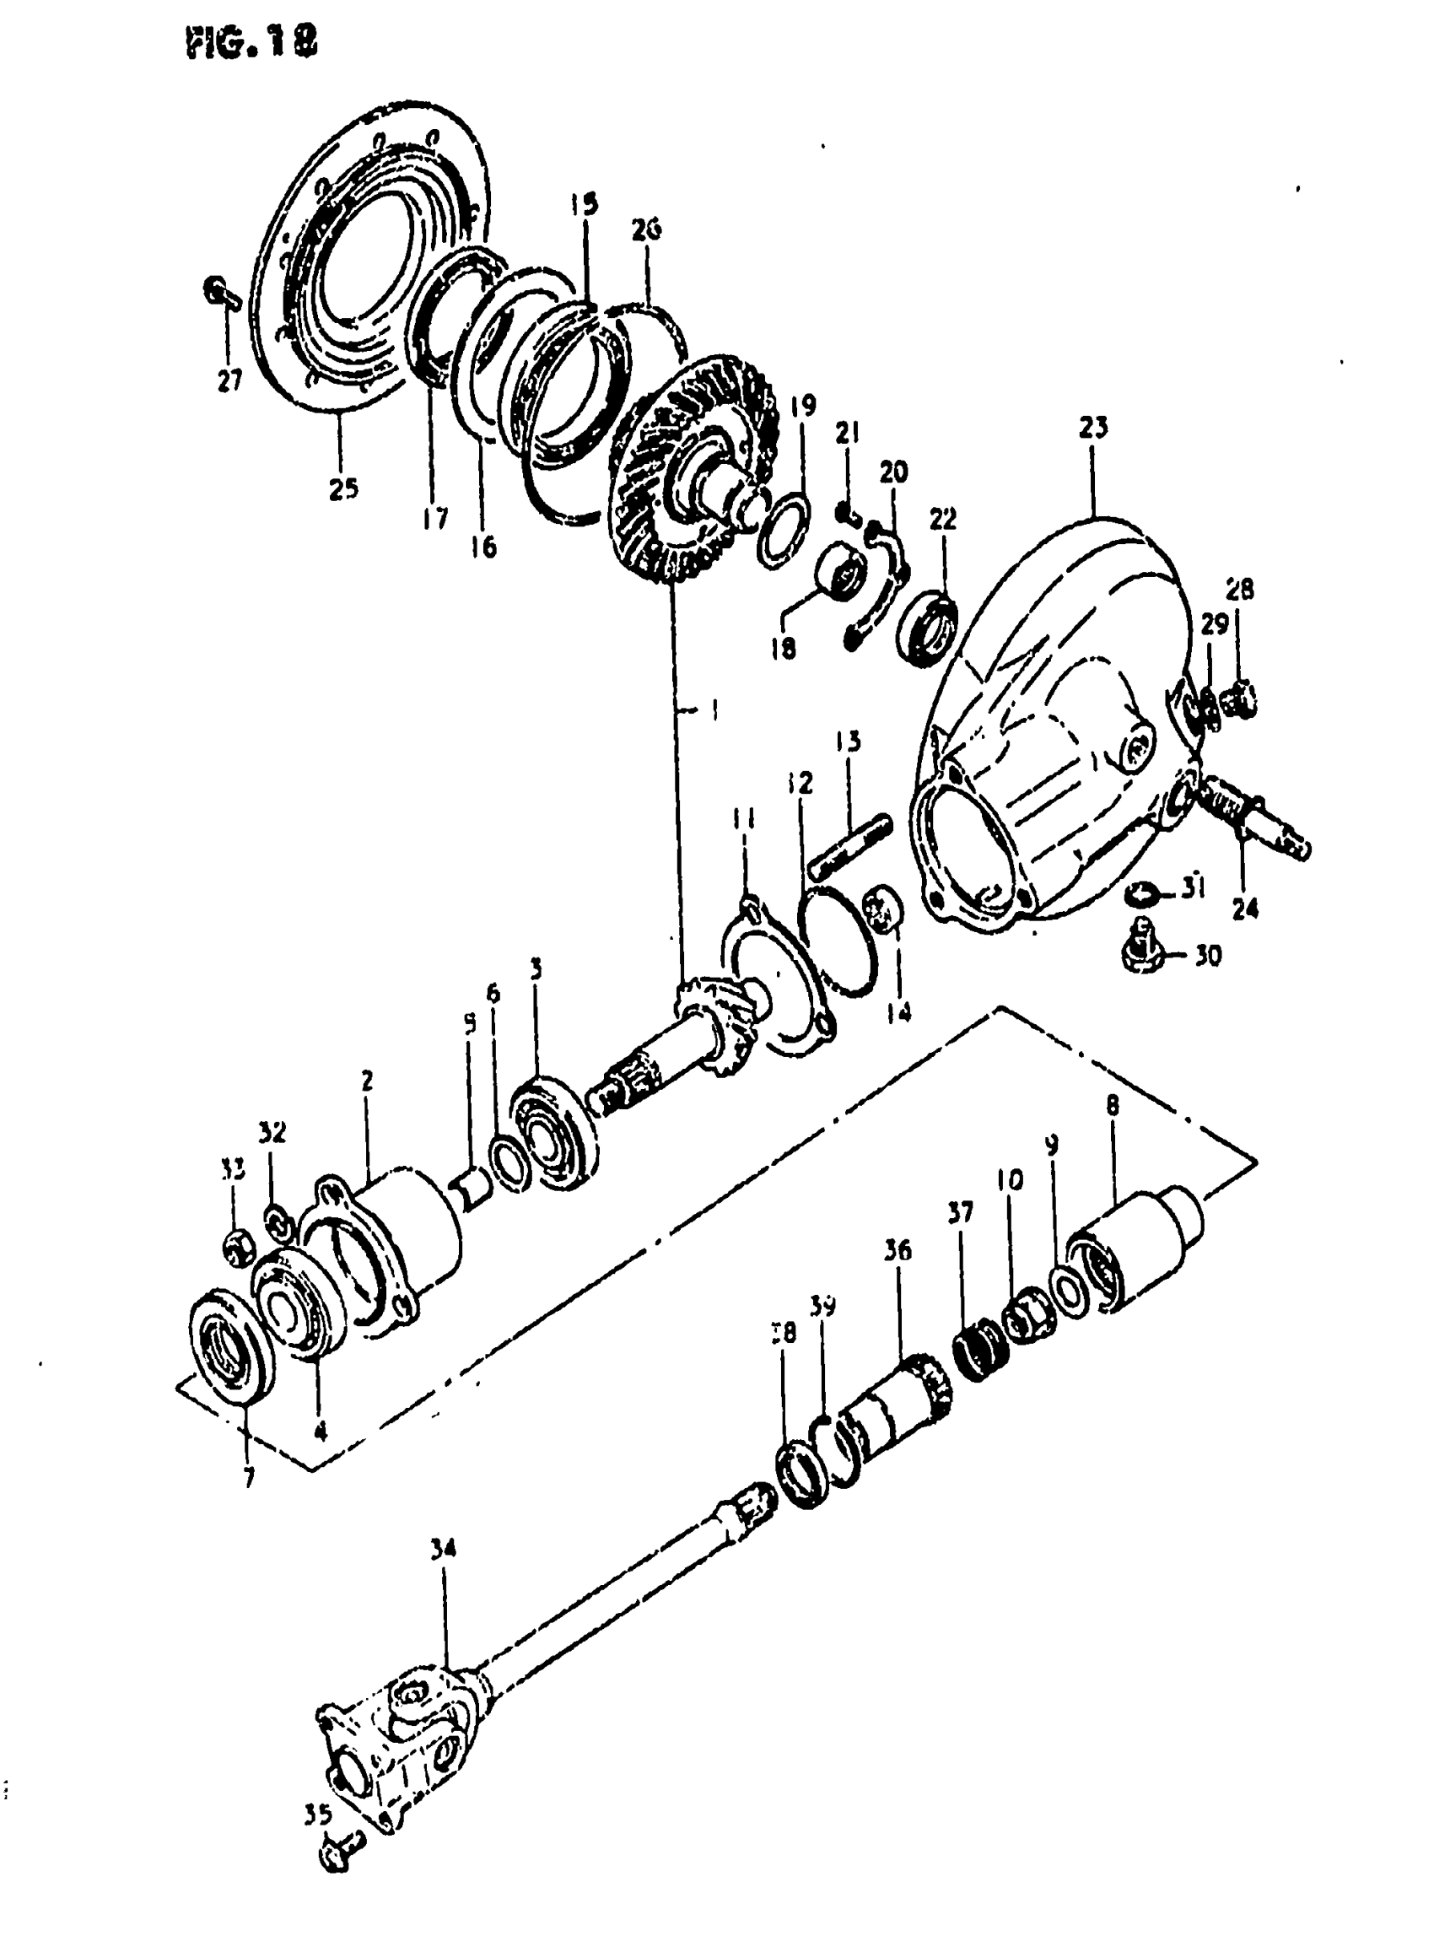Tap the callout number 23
(x=1094, y=428)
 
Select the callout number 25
(x=342, y=488)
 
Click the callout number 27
(x=229, y=380)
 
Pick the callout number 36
(x=898, y=1250)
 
